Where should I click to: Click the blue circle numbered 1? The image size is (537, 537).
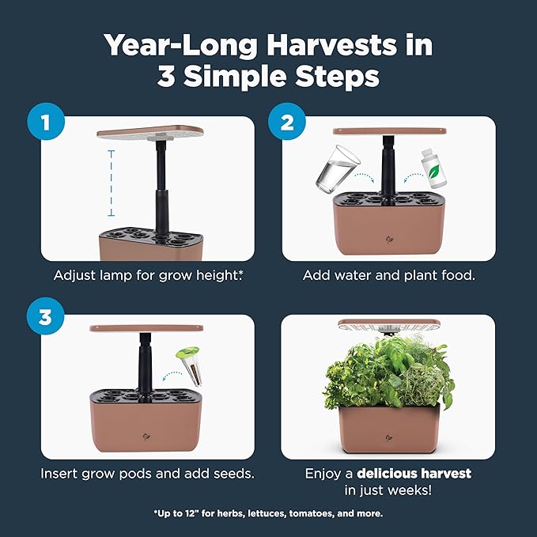tap(46, 121)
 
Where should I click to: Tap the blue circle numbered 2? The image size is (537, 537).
tap(286, 121)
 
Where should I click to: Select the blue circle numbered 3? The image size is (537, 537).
tap(46, 316)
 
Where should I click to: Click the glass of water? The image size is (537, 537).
tap(337, 168)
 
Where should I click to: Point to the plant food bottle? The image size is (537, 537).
tap(433, 168)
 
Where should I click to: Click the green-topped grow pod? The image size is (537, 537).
tap(190, 365)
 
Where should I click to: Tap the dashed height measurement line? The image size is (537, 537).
tap(111, 183)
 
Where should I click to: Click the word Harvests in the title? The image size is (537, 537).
tap(331, 45)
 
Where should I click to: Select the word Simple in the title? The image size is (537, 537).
tap(235, 76)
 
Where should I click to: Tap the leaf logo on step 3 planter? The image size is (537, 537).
tap(146, 437)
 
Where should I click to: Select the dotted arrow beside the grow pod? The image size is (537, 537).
tap(172, 376)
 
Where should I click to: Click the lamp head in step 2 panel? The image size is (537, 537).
tap(390, 131)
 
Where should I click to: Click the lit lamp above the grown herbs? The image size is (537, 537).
tap(389, 325)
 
